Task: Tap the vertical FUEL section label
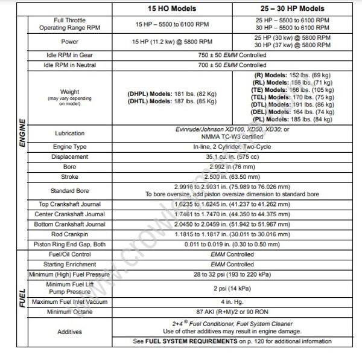(x=22, y=300)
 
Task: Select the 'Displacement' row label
(x=69, y=156)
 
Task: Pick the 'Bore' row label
(x=69, y=166)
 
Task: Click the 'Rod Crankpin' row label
(x=69, y=234)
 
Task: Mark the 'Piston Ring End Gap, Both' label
(x=69, y=244)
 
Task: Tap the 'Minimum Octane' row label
(x=69, y=312)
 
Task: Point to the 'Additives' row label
(x=69, y=331)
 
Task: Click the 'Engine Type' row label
(x=69, y=147)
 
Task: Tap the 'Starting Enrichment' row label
(x=69, y=263)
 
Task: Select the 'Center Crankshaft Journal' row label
(x=69, y=214)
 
